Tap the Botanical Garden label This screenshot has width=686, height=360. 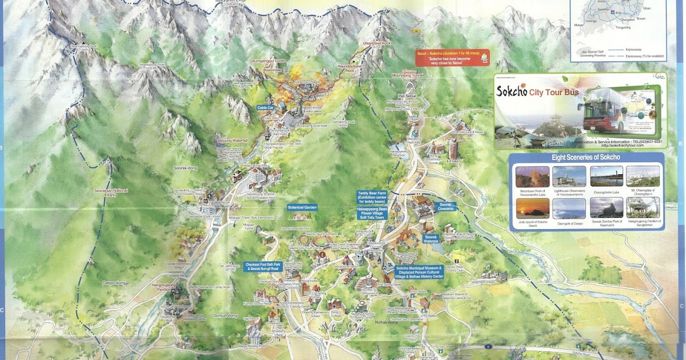[x=302, y=207]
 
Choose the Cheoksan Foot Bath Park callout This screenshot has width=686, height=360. [x=264, y=267]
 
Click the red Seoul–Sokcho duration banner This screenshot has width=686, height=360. [x=452, y=58]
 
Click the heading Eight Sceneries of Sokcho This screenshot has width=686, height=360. [x=586, y=158]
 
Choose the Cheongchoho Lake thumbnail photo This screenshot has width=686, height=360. [x=605, y=176]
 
